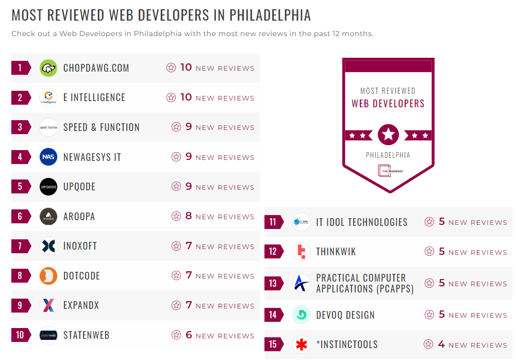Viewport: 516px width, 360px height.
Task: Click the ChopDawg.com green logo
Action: (48, 68)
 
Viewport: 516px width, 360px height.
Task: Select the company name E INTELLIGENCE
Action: (94, 97)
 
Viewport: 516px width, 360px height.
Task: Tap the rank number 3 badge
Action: (20, 127)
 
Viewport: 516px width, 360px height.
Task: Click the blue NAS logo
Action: (48, 157)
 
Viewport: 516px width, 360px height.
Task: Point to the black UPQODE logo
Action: (48, 187)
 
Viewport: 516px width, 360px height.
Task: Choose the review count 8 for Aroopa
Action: (189, 216)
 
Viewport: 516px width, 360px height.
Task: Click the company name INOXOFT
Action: (80, 246)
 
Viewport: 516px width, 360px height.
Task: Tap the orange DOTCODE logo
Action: (48, 276)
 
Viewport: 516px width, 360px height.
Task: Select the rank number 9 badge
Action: (20, 305)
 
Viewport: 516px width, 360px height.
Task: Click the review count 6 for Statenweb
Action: (189, 335)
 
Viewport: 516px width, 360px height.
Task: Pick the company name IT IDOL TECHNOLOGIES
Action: (362, 222)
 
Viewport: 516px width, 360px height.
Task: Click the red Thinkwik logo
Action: (301, 252)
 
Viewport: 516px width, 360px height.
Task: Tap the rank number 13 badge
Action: (273, 283)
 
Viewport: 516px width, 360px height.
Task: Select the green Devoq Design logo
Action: (301, 315)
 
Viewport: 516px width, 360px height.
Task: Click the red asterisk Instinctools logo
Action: (301, 345)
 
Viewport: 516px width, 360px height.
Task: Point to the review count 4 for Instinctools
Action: (441, 345)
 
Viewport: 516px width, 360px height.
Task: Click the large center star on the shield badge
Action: (388, 135)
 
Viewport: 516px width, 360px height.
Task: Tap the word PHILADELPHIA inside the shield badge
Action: (388, 155)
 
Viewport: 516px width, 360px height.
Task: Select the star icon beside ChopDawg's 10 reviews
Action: (171, 68)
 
